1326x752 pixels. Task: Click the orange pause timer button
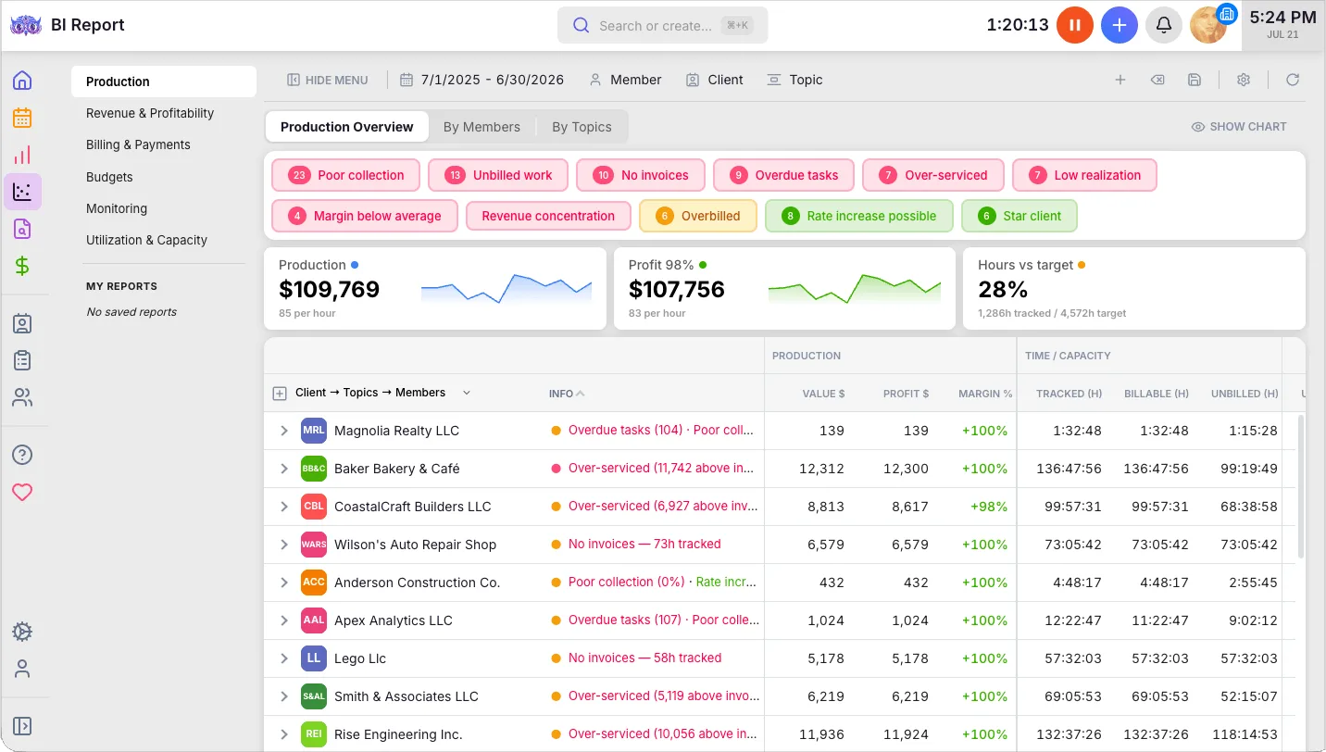pos(1074,25)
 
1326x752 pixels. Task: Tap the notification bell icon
pos(1163,25)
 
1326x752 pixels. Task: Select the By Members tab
pos(482,127)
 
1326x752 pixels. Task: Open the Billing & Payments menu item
pos(138,145)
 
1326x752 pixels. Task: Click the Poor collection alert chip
pos(345,175)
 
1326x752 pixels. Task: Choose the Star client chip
pos(1019,216)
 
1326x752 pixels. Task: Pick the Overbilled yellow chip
pos(698,216)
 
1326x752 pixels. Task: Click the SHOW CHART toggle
pos(1238,127)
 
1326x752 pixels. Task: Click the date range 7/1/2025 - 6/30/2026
pos(492,80)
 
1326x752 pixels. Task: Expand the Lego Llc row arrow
pos(284,658)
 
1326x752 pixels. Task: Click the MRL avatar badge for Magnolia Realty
pos(313,431)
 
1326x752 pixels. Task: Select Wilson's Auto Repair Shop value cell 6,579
pos(826,545)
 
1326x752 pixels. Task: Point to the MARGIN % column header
pos(985,394)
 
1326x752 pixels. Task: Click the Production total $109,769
pos(329,290)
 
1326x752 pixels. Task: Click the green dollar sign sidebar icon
pos(22,267)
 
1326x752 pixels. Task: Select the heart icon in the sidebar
pos(22,492)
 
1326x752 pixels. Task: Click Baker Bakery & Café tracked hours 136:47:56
pos(1069,469)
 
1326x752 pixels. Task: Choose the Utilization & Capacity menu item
pos(146,241)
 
